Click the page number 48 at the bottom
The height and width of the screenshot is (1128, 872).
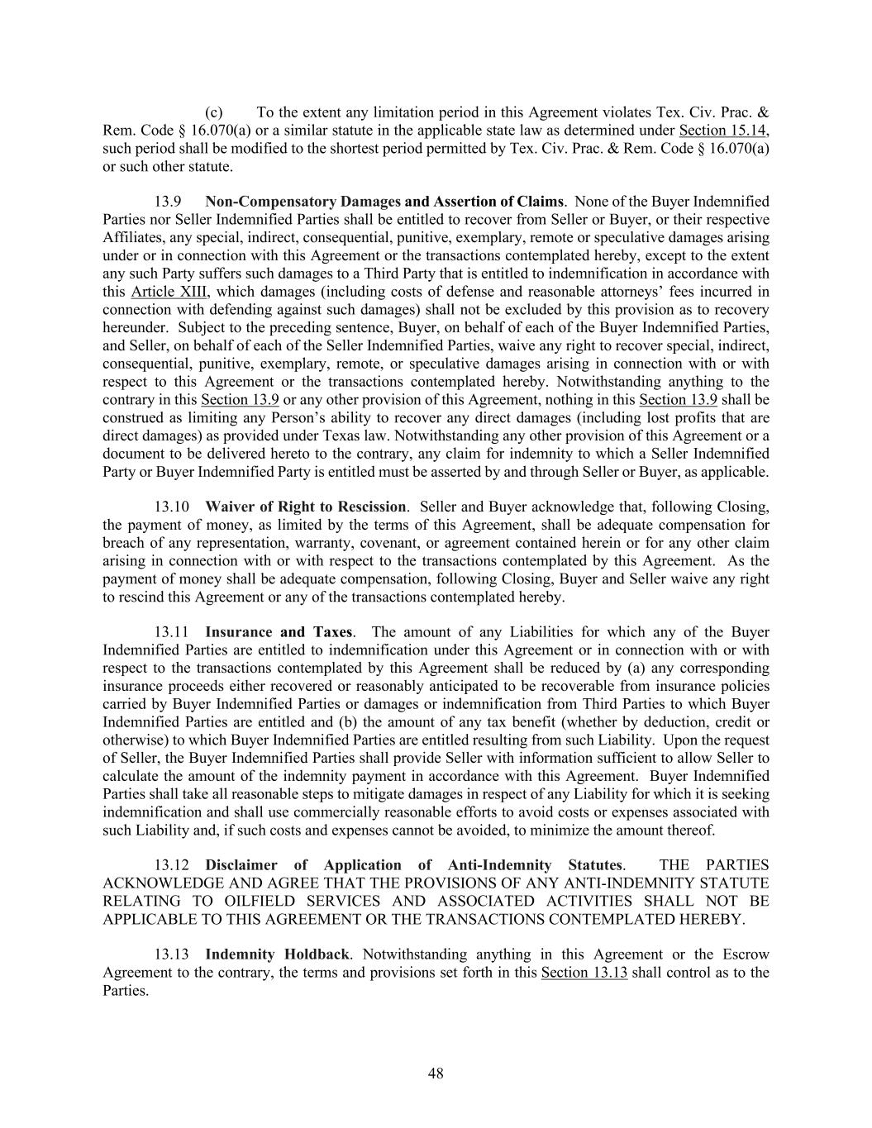(436, 1073)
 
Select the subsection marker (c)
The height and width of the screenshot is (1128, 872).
(213, 112)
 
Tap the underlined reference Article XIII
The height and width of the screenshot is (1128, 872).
(169, 292)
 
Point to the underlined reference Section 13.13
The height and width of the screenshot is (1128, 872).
(584, 973)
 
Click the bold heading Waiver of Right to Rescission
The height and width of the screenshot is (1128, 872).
(305, 507)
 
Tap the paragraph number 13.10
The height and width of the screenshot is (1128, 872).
(172, 507)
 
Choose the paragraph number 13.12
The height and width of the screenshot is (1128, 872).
(172, 865)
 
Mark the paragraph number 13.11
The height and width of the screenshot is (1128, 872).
(172, 633)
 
